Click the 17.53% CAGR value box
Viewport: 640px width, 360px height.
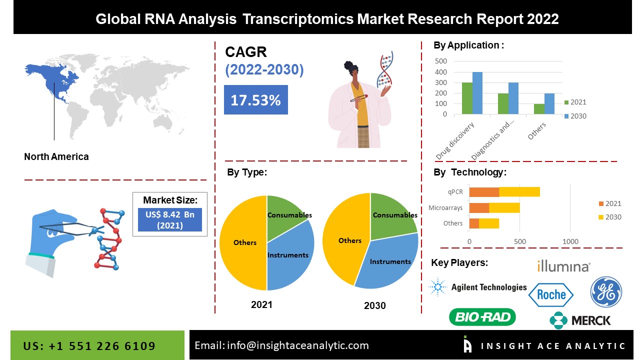255,99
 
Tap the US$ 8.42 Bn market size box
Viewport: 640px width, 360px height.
169,219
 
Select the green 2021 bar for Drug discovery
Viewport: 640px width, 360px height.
467,98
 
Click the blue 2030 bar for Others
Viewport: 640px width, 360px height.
549,103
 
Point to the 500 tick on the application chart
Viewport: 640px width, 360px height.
441,61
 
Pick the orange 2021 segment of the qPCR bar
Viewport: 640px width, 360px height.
484,192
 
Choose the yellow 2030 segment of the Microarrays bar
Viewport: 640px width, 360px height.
504,207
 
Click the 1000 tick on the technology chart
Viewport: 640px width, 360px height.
570,241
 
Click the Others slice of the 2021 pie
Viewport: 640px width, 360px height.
244,243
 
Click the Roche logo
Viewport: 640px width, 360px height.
551,294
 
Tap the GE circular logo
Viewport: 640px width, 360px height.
606,292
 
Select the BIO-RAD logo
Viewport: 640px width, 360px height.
482,317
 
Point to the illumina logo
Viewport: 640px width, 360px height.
563,266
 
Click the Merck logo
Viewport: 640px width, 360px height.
580,320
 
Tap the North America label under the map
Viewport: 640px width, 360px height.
56,156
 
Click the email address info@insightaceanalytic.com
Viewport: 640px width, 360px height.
297,345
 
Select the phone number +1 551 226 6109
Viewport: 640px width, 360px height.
102,346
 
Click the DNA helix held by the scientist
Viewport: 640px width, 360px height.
385,69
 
